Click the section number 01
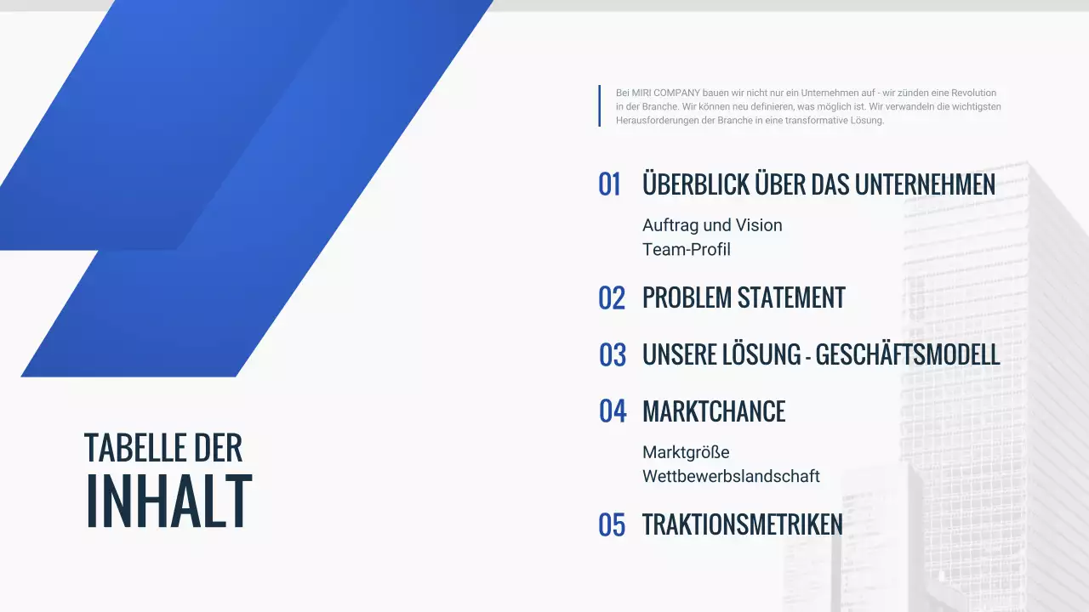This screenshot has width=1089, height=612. coord(610,184)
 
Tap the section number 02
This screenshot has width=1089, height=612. coord(612,298)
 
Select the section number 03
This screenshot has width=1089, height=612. coord(613,355)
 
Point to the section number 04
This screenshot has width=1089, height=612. coord(613,411)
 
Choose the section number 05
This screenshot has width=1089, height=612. coord(612,525)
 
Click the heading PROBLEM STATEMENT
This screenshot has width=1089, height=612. coord(744,298)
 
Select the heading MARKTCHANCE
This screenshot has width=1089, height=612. coord(714,411)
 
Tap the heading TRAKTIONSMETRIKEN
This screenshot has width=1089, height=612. coord(742,525)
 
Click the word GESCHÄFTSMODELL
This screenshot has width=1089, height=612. coord(908,355)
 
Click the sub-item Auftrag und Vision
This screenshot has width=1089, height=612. coord(712,225)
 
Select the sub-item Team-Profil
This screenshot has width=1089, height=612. coord(687,249)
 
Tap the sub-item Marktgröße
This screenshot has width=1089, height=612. coord(686,452)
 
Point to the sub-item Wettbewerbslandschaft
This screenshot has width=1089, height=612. coord(731,476)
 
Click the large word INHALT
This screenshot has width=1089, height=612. coord(168,501)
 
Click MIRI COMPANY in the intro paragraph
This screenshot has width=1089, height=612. coord(659,93)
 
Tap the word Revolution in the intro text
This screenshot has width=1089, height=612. coord(973,93)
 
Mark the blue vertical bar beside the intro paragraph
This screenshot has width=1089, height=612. coord(600,105)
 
